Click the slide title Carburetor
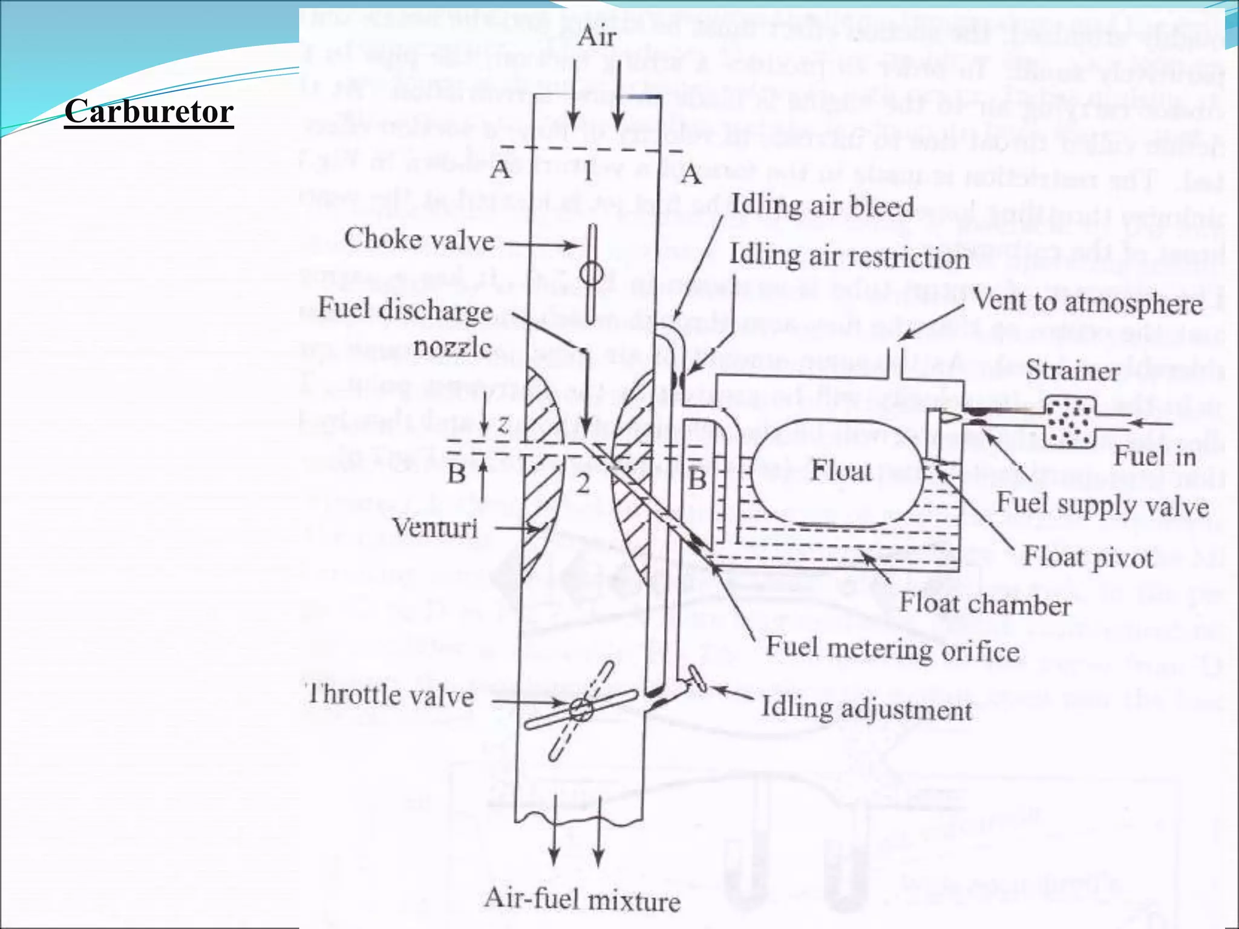149,111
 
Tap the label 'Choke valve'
419,240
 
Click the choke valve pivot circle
591,274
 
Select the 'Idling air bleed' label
822,206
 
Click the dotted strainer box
1071,422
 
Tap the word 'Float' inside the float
842,471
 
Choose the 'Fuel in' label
1155,455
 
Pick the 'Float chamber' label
986,604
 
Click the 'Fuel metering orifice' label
893,649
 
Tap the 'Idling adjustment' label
866,708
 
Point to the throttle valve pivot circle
581,709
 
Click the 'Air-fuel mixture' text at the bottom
582,899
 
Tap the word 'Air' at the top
597,37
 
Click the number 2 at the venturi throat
583,483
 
